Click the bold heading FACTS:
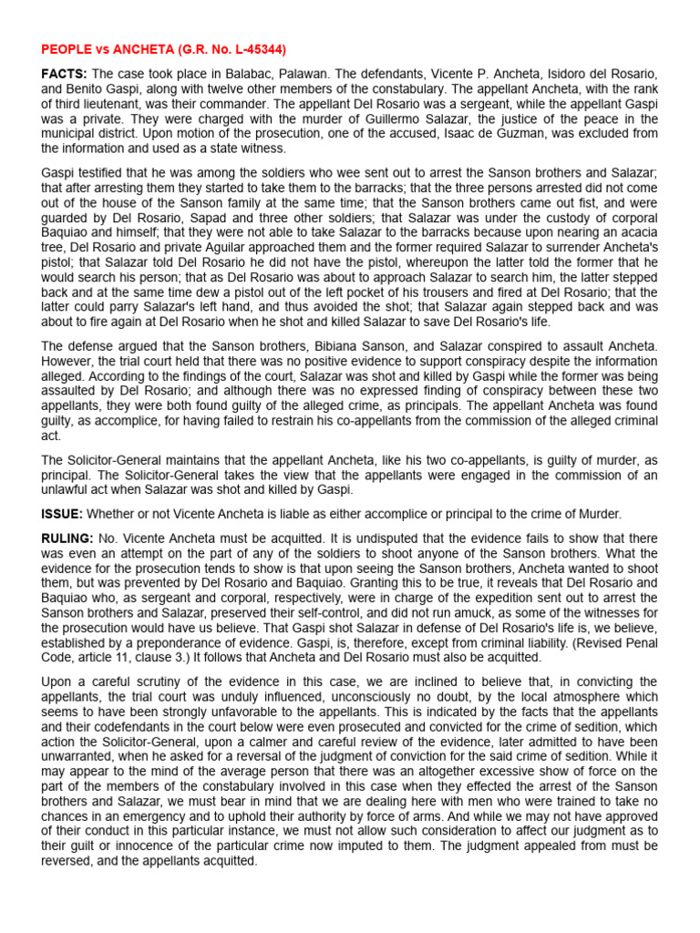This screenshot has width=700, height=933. coord(64,72)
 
